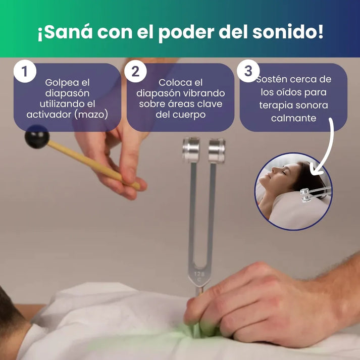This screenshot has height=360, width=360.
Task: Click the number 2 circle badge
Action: pos(135,72)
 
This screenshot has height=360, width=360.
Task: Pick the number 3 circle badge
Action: pos(248,72)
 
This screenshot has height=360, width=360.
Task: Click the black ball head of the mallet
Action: pos(37,136)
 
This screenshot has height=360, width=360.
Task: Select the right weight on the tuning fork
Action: pos(216,150)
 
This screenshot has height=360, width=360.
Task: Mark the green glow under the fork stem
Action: pos(200,331)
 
